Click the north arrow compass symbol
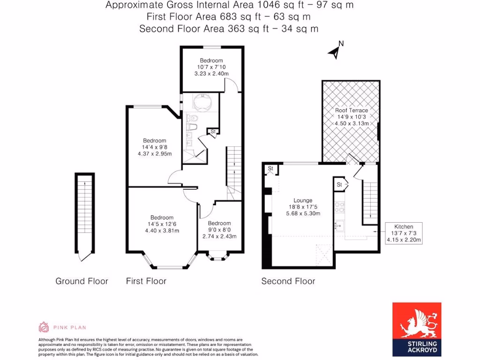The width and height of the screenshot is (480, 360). pos(336,51)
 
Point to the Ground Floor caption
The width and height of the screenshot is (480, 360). pos(82,281)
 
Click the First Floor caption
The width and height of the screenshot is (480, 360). pos(146,281)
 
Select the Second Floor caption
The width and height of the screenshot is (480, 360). pos(288,281)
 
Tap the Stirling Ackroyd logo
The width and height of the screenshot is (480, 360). pos(416,327)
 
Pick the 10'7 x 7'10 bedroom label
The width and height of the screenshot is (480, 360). pos(211,67)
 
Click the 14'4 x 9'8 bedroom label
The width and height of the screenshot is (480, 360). pos(154,147)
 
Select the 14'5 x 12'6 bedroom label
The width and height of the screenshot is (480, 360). pos(162,224)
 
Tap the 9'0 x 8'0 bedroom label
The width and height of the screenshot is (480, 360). pos(219,230)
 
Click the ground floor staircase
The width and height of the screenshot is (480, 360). pos(84,211)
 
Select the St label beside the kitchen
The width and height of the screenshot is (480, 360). pos(339,185)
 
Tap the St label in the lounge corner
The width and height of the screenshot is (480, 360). pos(270,168)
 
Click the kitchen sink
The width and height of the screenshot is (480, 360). pos(338,227)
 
